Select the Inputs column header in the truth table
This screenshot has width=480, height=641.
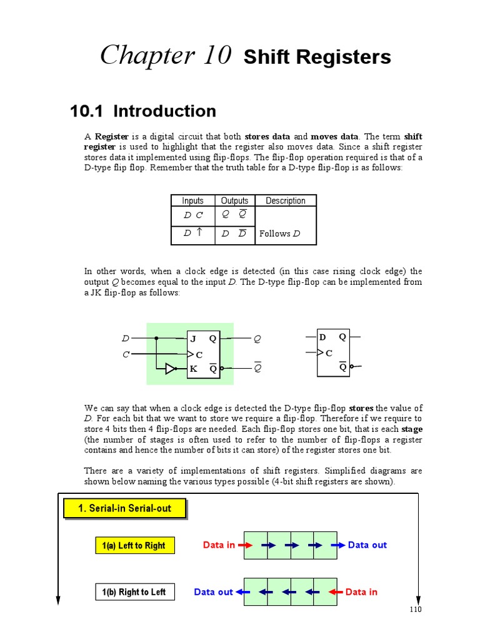[x=192, y=200]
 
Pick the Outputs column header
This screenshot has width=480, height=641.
[x=234, y=200]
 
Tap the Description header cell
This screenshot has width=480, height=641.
[x=285, y=200]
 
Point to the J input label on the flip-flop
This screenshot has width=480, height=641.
[x=194, y=339]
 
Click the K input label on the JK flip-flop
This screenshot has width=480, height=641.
[x=194, y=369]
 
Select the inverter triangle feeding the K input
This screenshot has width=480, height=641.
[x=171, y=369]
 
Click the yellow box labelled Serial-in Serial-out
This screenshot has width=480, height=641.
[x=125, y=508]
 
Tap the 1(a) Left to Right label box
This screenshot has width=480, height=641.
[x=134, y=546]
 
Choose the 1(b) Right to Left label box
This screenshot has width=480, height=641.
[x=134, y=592]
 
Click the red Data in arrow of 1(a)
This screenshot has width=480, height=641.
[x=245, y=545]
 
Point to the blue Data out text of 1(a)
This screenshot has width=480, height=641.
[x=367, y=545]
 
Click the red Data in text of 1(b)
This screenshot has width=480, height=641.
[x=361, y=592]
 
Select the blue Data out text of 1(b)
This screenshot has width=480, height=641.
[x=213, y=592]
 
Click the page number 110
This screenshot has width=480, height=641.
[x=416, y=610]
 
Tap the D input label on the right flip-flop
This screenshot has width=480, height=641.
[x=322, y=337]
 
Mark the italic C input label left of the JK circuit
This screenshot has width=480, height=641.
[x=126, y=354]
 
